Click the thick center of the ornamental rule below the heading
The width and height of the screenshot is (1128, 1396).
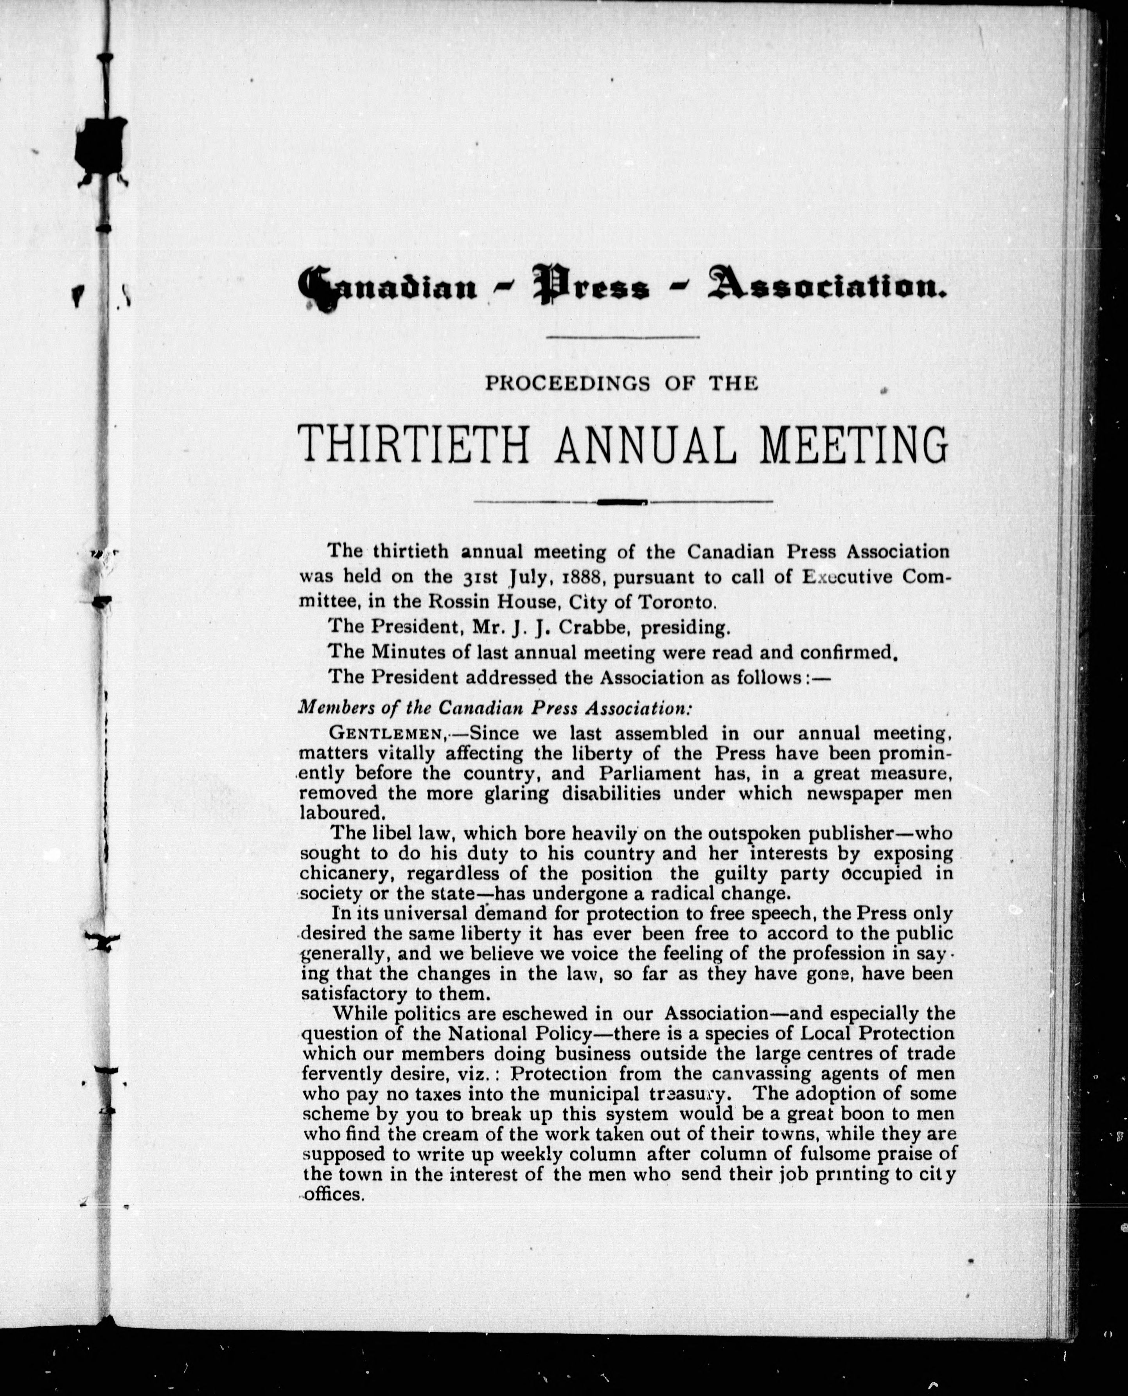coord(623,501)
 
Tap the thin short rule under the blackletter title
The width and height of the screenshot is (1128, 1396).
coord(623,336)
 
